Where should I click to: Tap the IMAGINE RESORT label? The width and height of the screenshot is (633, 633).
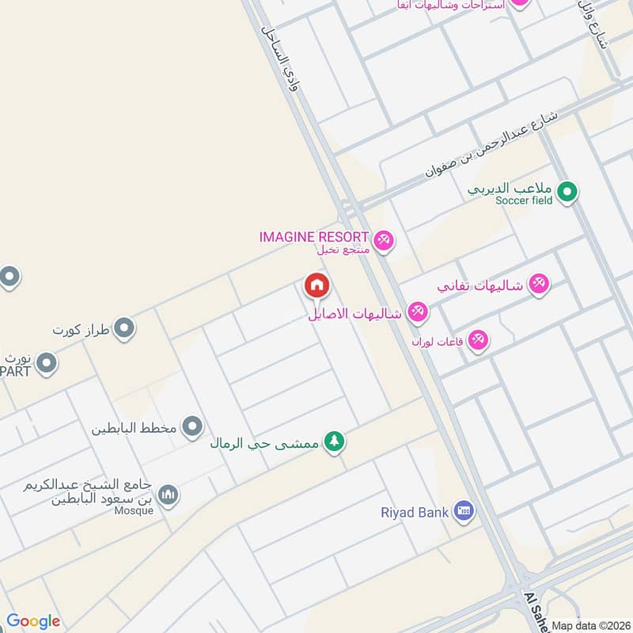tap(314, 237)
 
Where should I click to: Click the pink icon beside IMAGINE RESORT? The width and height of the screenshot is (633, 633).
tap(383, 240)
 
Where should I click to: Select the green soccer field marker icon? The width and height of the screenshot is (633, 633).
tap(567, 191)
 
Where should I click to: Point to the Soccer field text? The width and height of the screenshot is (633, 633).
tap(524, 201)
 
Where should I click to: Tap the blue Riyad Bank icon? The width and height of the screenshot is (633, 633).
tap(464, 512)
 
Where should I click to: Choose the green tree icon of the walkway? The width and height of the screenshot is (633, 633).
tap(335, 442)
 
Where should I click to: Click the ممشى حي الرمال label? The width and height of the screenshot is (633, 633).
tap(264, 443)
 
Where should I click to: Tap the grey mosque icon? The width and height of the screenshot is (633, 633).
tap(168, 496)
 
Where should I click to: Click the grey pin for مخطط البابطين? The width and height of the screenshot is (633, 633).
tap(192, 428)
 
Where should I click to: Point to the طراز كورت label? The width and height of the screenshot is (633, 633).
tap(81, 328)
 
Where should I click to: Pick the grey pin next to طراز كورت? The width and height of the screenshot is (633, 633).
tap(123, 328)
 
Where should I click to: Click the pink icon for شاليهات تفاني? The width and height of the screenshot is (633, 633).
tap(539, 284)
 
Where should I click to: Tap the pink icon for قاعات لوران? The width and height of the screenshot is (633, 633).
tap(477, 341)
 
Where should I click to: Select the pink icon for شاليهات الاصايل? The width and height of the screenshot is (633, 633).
tap(418, 313)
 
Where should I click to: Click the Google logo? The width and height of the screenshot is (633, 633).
tap(33, 621)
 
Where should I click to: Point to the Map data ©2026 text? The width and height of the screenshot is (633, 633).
tap(590, 626)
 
